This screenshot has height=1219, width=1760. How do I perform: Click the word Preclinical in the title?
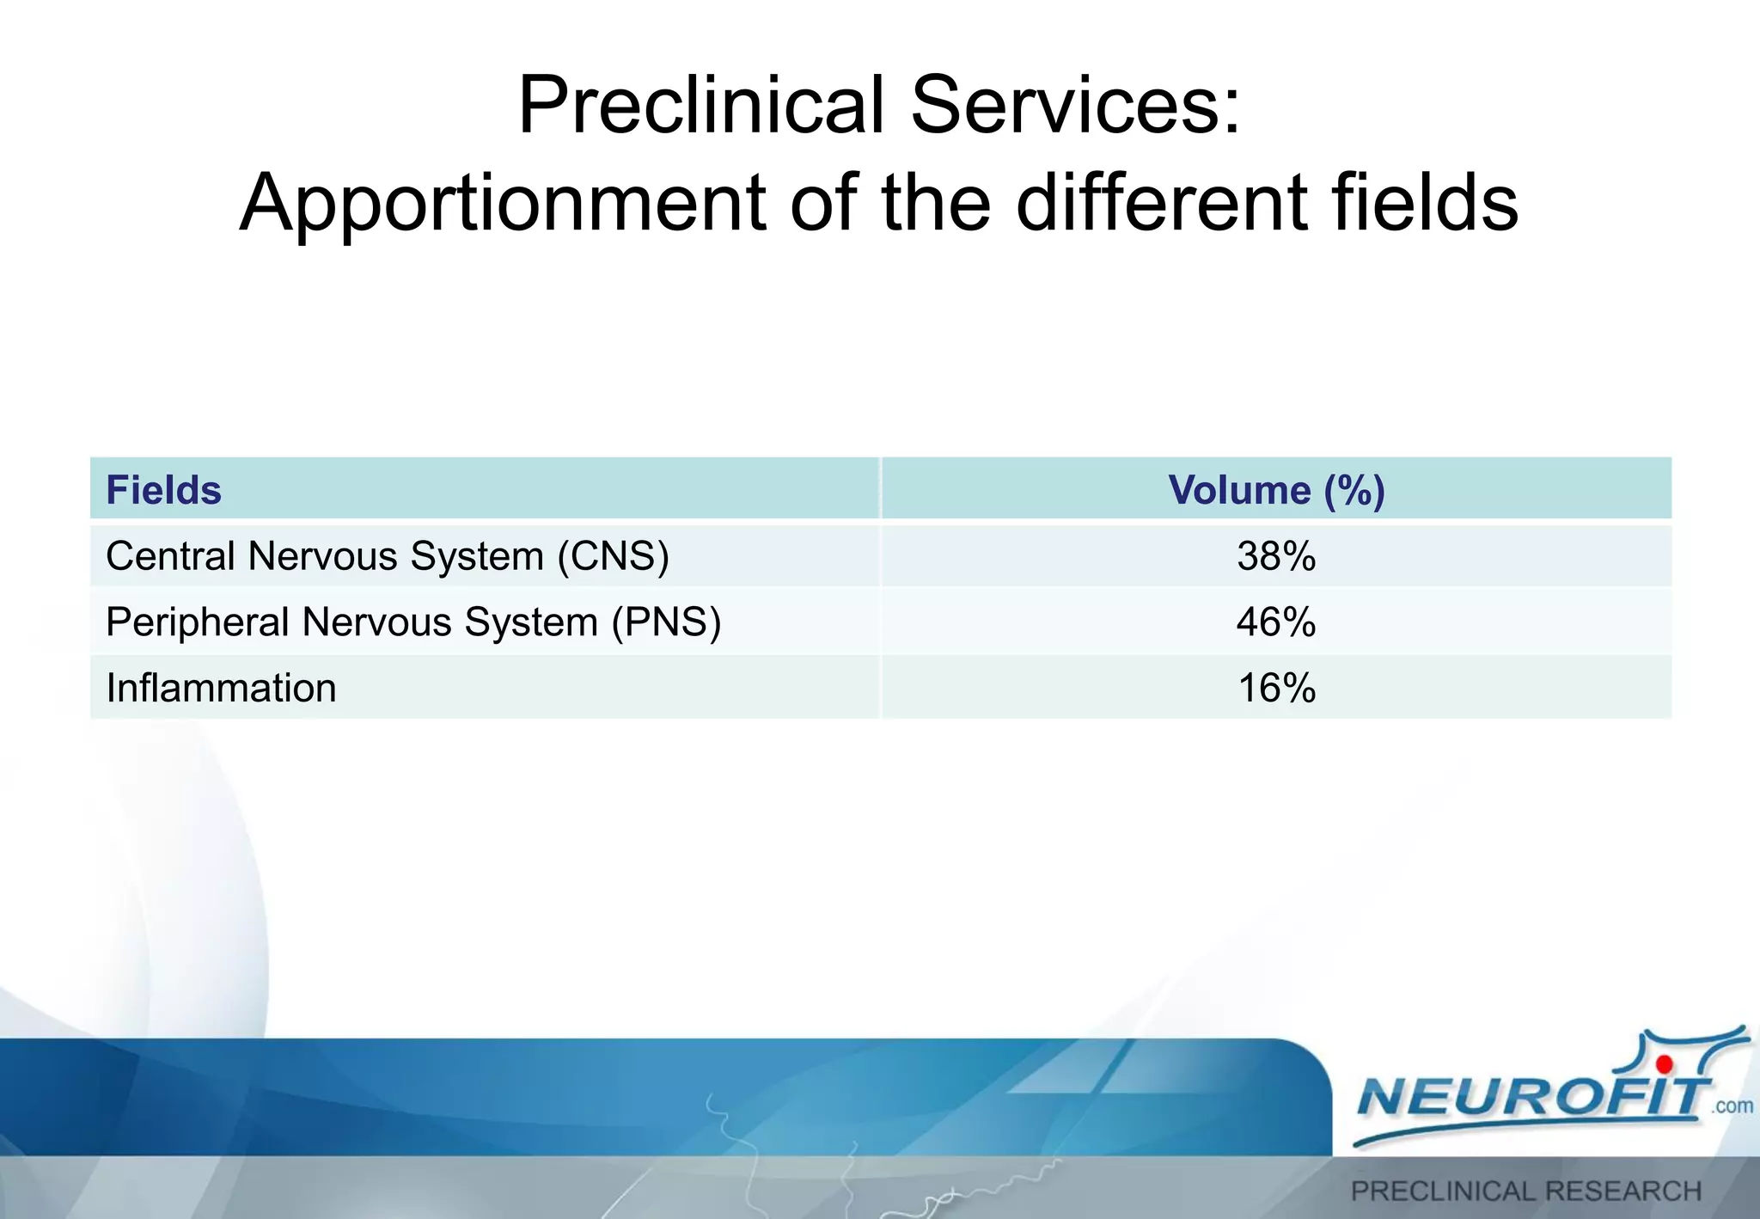701,106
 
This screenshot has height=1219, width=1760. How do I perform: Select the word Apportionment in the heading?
503,204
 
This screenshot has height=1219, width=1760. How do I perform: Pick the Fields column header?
163,490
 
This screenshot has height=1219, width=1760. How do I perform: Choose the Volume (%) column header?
1276,490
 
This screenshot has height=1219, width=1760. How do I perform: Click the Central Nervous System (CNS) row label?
387,556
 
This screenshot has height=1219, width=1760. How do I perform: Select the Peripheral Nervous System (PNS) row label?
412,622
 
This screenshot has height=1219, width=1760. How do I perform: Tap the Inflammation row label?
221,689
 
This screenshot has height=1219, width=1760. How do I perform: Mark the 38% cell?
1276,556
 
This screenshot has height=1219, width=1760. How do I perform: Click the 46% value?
1276,622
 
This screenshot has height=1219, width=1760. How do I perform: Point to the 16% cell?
1276,689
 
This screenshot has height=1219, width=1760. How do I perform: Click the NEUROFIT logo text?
1530,1098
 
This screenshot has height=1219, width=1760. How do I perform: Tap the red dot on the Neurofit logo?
1665,1066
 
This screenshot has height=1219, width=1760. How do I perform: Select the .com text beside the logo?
1732,1106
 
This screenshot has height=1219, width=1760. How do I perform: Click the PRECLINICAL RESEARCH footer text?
1526,1191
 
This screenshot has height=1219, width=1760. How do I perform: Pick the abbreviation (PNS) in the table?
666,622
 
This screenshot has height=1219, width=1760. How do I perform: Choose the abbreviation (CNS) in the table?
613,556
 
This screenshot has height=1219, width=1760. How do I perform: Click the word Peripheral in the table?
197,622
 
